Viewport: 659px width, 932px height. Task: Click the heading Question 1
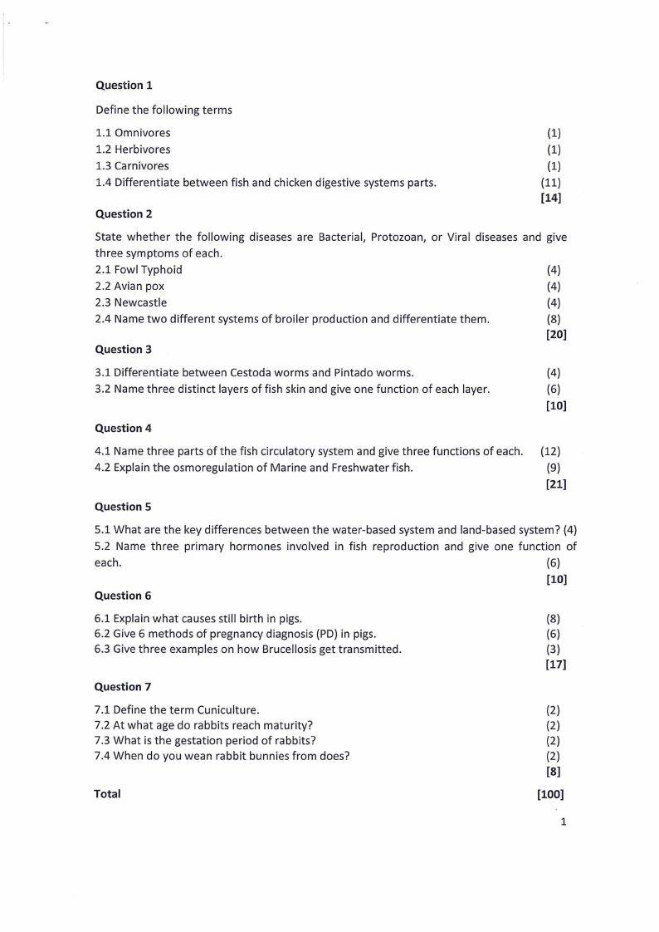(x=124, y=85)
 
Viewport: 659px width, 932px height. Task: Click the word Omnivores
(x=143, y=133)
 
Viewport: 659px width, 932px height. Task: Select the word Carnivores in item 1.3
(x=142, y=166)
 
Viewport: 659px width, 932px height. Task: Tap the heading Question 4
(x=124, y=429)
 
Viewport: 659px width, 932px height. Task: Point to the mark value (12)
(x=551, y=452)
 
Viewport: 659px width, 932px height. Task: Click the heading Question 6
(x=124, y=596)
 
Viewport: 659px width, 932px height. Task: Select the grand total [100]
(x=551, y=794)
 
